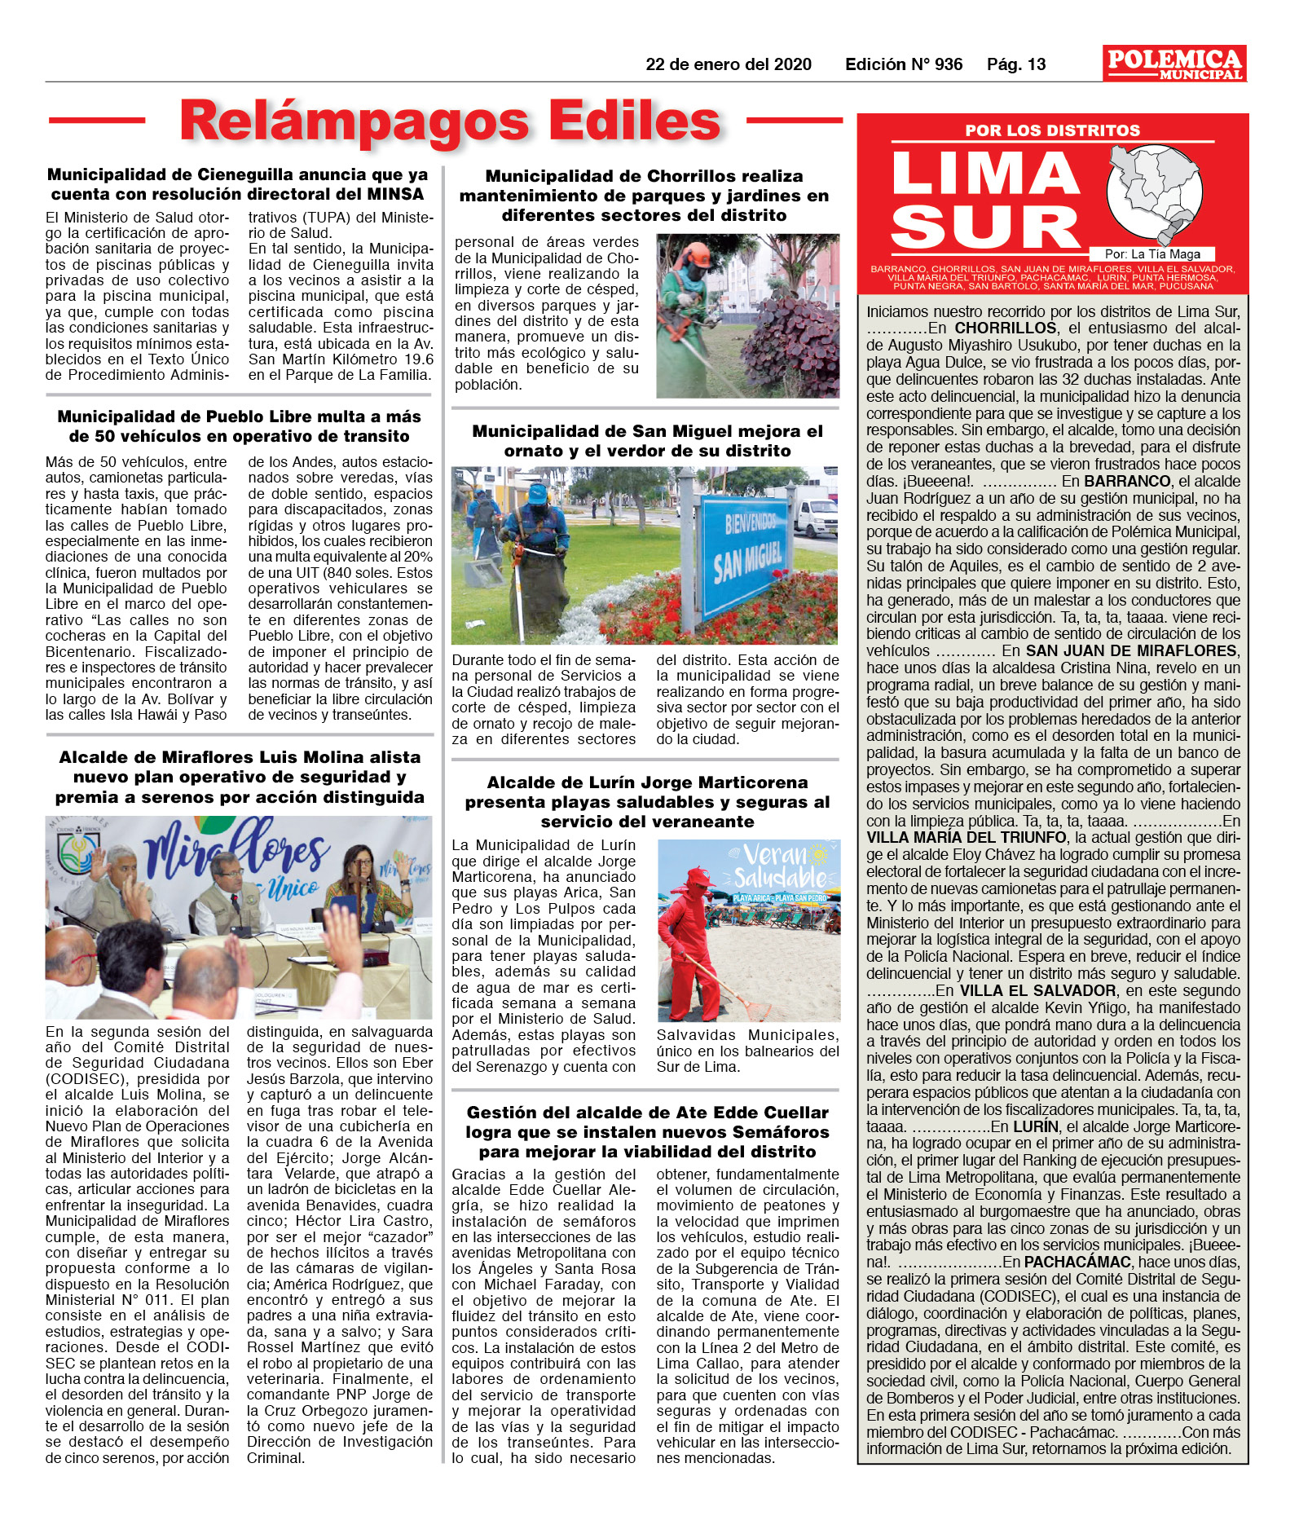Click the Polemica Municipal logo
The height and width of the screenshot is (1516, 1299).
click(1174, 64)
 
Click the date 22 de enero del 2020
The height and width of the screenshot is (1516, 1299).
click(728, 64)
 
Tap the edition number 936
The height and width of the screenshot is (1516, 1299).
click(948, 64)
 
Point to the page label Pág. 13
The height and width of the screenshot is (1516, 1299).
click(1015, 64)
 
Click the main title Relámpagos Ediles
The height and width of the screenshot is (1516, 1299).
click(450, 121)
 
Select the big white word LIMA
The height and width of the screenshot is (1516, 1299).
click(986, 174)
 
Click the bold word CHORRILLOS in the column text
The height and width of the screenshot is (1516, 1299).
click(1006, 328)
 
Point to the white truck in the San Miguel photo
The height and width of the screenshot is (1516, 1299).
click(815, 513)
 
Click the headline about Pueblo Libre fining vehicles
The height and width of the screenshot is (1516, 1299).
click(239, 426)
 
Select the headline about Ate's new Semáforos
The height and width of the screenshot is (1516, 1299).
click(647, 1132)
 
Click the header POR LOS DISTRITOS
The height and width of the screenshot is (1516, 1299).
click(1052, 130)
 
